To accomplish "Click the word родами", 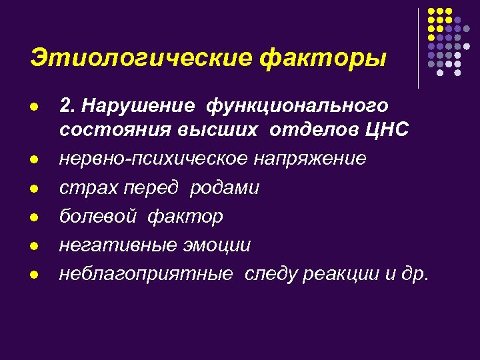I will pos(224,188).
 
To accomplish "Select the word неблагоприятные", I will pos(146,274).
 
